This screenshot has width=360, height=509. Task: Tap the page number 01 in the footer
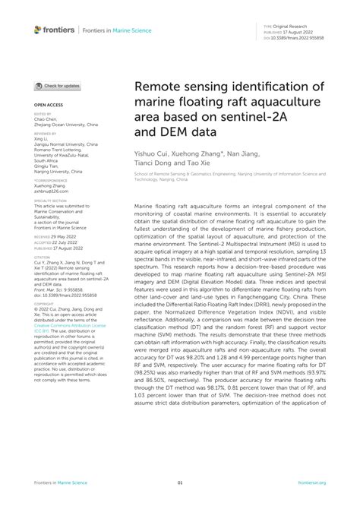(180, 482)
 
